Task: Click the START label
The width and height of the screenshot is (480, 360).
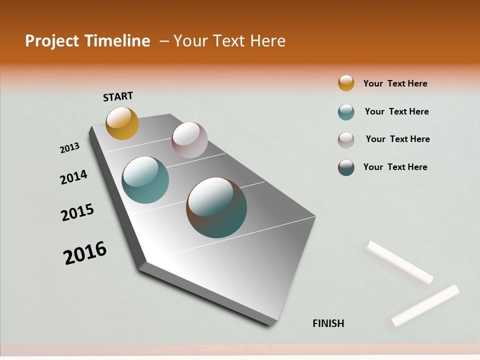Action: click(x=118, y=96)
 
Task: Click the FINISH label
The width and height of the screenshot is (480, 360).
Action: click(x=328, y=323)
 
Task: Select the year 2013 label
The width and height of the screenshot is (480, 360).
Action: click(x=69, y=148)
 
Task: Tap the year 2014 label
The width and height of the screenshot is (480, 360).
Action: click(x=73, y=177)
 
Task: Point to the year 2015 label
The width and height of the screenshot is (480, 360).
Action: click(x=77, y=212)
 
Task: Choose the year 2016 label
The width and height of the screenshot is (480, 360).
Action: click(x=85, y=252)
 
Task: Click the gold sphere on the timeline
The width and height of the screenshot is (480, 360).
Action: click(x=122, y=123)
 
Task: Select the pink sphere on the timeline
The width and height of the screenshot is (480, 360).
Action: click(x=189, y=140)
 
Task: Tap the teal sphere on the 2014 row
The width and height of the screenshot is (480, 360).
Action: click(x=145, y=180)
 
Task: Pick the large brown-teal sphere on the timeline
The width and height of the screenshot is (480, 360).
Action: click(x=216, y=207)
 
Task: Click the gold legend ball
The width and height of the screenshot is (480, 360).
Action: click(x=346, y=83)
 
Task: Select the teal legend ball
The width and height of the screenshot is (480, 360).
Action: click(x=346, y=112)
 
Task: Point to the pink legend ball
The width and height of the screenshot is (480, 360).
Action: click(x=346, y=140)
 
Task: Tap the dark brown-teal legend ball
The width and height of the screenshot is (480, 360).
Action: click(x=346, y=167)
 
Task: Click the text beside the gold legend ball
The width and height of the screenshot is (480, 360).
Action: click(x=395, y=84)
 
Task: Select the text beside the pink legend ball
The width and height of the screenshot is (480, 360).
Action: click(x=397, y=139)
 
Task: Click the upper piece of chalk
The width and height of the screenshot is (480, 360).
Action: click(x=400, y=262)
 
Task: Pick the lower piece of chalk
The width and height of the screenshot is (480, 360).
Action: click(x=425, y=305)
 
